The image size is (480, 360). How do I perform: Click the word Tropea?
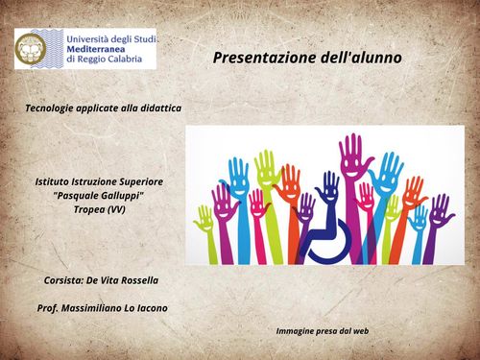point(89,208)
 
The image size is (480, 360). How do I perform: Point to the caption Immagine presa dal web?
point(323,331)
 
